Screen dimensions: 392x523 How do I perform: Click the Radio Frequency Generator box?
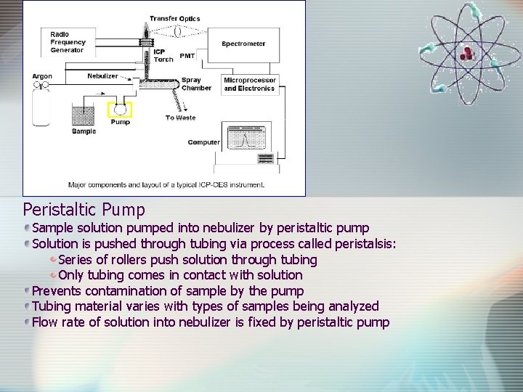coord(68,43)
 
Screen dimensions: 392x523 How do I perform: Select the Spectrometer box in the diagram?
coord(243,44)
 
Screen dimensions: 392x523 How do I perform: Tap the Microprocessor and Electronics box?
coord(249,84)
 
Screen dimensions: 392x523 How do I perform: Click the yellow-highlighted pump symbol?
coord(120,110)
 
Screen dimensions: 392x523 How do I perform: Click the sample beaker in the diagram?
coord(84,115)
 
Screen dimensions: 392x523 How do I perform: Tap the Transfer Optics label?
coord(175,19)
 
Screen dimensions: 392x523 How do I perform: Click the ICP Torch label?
coord(163,56)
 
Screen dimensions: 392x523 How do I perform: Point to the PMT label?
coord(187,56)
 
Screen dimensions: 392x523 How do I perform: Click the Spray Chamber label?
coord(195,84)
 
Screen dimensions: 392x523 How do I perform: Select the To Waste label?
coord(180,118)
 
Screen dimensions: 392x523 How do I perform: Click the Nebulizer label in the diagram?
coord(102,75)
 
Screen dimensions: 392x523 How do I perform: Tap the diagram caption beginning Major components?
coord(166,184)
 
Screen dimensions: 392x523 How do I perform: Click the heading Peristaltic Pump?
coord(84,210)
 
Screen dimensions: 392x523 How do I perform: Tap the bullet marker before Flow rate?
coord(27,322)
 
